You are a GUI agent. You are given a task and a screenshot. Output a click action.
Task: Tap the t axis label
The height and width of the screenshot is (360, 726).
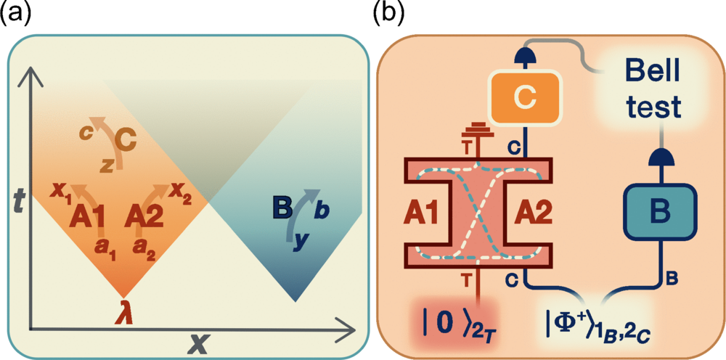[x=20, y=204]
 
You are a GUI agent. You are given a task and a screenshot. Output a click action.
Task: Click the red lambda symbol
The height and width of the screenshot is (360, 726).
[x=123, y=315]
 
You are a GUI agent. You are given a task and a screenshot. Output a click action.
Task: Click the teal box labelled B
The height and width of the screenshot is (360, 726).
[x=658, y=212]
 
